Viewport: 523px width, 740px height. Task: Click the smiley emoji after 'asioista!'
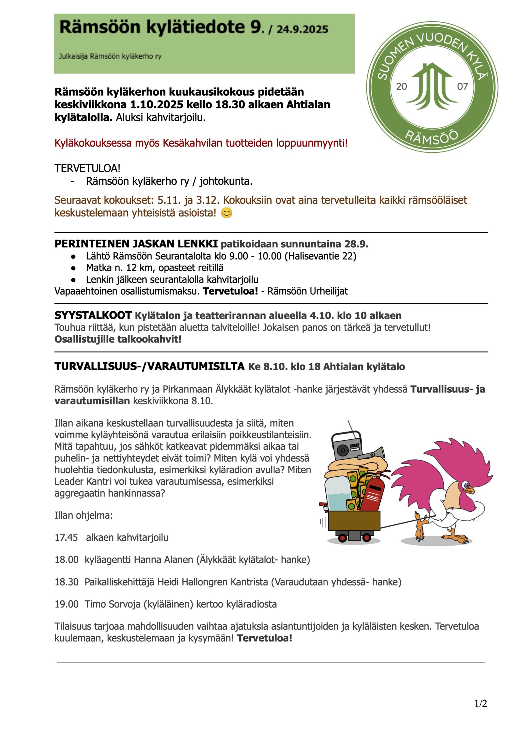(x=227, y=213)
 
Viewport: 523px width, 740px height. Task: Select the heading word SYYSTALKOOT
(x=93, y=315)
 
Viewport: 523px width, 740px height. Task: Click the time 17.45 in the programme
(x=66, y=537)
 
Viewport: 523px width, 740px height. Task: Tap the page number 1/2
(x=481, y=703)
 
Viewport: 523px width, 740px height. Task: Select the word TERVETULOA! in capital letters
(x=87, y=168)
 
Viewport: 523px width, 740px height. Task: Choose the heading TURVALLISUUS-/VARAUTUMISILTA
(x=150, y=366)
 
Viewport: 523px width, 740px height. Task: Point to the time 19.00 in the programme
(x=66, y=604)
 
